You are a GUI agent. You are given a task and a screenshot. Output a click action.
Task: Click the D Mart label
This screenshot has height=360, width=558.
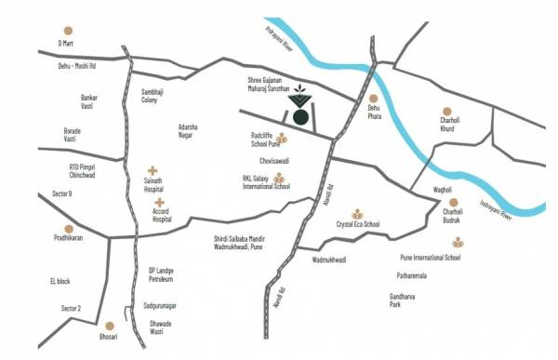point(64,43)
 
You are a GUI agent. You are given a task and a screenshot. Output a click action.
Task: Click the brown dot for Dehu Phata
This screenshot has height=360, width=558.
point(373,98)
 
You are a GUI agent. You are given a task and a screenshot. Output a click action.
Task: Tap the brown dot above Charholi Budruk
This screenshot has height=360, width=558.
point(454,202)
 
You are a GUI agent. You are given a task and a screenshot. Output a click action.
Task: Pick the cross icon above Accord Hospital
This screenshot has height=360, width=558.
point(161,202)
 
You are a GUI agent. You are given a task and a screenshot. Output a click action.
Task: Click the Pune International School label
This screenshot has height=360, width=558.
point(430,257)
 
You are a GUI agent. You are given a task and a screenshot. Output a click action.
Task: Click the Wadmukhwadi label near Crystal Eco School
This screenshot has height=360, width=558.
point(329,260)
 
